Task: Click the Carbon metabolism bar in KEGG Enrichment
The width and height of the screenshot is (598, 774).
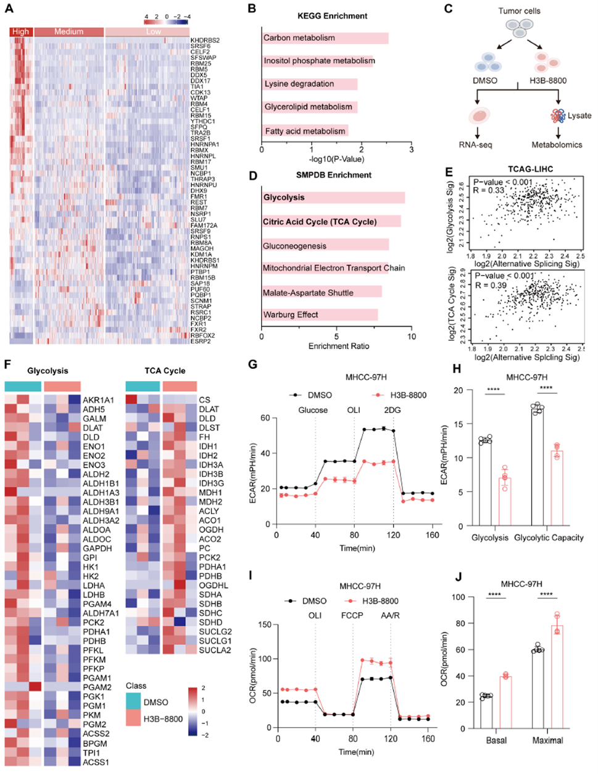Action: tap(325, 38)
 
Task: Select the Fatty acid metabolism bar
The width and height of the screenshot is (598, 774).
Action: tap(305, 131)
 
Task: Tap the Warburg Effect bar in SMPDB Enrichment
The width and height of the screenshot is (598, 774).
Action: tap(320, 314)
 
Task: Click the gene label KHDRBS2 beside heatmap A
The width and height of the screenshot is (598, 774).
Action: tap(205, 41)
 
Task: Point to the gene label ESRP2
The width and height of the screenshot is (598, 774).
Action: tap(200, 341)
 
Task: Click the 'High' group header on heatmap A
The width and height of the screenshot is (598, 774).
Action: tap(20, 32)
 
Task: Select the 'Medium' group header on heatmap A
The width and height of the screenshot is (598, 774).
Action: tap(69, 32)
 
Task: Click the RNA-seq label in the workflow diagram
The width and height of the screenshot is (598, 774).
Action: tap(475, 145)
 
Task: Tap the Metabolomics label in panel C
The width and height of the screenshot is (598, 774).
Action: tap(557, 145)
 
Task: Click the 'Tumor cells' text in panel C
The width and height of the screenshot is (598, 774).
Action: tap(519, 11)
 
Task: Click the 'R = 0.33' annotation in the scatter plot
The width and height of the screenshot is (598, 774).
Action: tap(488, 190)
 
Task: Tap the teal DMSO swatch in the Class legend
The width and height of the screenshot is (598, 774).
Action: tap(138, 702)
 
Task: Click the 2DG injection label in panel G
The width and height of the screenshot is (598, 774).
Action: tap(392, 410)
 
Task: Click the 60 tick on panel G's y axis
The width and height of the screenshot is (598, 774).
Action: tap(266, 418)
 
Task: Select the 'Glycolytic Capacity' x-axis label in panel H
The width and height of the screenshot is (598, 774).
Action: tap(549, 537)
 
